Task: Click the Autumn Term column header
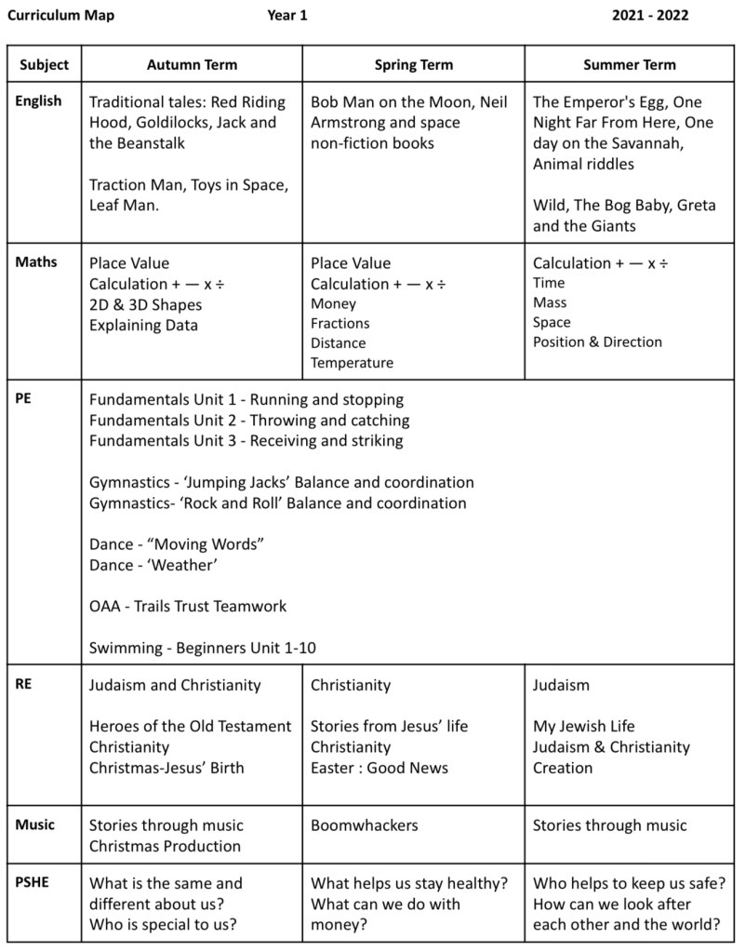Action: pos(192,64)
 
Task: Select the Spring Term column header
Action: pos(413,64)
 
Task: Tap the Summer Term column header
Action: pos(629,64)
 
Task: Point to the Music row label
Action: pos(35,825)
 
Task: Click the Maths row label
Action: pos(36,262)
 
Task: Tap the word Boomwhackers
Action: pos(365,825)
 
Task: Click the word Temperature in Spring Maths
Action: pos(352,363)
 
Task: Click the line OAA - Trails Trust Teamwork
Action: pos(188,607)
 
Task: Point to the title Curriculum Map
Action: pos(60,16)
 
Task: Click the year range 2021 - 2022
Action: pos(650,16)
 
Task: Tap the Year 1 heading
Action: pos(286,16)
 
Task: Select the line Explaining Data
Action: pos(143,325)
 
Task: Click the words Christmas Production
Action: pos(165,846)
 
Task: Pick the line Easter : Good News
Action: pos(379,768)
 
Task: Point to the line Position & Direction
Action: pos(597,342)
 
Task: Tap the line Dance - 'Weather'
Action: pos(148,565)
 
